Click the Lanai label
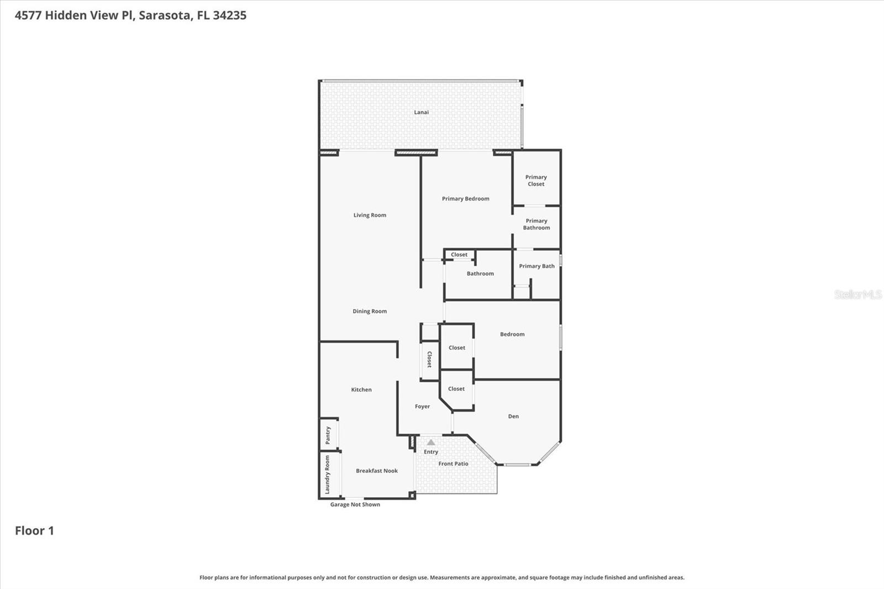(x=421, y=112)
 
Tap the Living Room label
(x=370, y=215)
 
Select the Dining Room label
(x=370, y=311)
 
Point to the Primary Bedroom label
(x=466, y=198)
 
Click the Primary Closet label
(x=536, y=181)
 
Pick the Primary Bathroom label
(x=536, y=224)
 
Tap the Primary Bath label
(x=536, y=266)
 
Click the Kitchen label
(x=361, y=390)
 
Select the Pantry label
(x=328, y=435)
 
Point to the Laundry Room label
(x=327, y=475)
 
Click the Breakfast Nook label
(x=377, y=471)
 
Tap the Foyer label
(x=422, y=406)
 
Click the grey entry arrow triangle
(x=431, y=443)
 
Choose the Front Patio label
(x=454, y=464)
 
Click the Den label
(x=513, y=416)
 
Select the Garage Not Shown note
(x=355, y=504)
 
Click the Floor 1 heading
(x=34, y=530)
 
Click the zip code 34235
(x=230, y=15)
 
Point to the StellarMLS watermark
(x=857, y=294)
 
